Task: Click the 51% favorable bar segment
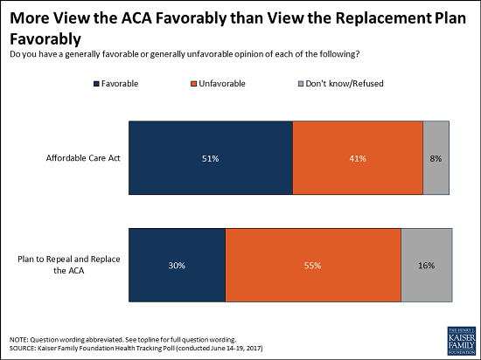click(x=211, y=158)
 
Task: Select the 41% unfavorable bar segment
click(x=358, y=158)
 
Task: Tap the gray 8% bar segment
click(x=436, y=158)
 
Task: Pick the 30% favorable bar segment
click(x=177, y=265)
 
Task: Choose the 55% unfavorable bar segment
click(x=313, y=265)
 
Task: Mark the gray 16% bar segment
click(x=427, y=265)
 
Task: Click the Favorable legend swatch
click(x=96, y=84)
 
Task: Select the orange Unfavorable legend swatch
click(x=193, y=84)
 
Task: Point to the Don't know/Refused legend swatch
click(x=301, y=84)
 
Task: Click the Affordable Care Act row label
click(x=83, y=158)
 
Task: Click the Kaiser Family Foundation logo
click(x=462, y=341)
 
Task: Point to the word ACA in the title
click(x=136, y=18)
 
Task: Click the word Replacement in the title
click(x=383, y=19)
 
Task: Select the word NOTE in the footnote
click(x=19, y=340)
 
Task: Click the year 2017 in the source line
click(x=254, y=349)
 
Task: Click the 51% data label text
click(x=211, y=158)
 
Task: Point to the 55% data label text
click(x=312, y=266)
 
